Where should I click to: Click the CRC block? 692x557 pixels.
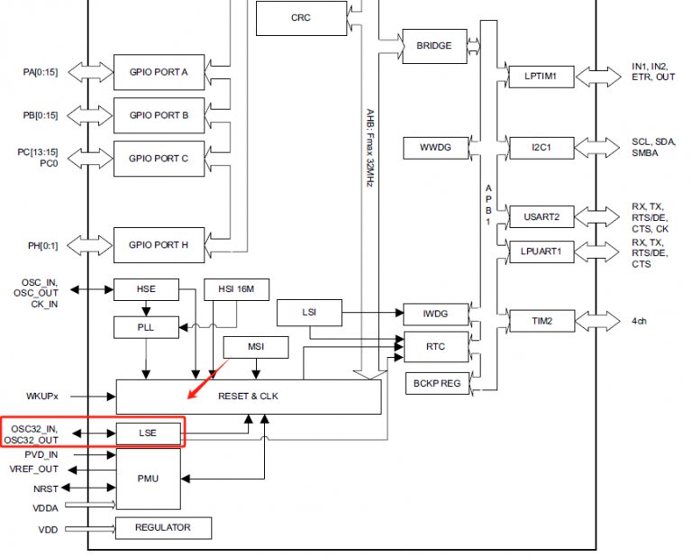pos(301,18)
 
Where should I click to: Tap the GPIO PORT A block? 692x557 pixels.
pos(159,72)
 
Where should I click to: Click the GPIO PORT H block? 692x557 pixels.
pos(159,244)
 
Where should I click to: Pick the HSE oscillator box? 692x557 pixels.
pos(146,289)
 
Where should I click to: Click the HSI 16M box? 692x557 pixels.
pos(236,289)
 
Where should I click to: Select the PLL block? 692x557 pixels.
pos(146,328)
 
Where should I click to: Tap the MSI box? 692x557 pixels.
pos(256,347)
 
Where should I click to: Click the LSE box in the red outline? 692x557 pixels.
pos(148,434)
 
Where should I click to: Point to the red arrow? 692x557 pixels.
pos(208,379)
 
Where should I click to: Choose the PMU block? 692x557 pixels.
pos(148,478)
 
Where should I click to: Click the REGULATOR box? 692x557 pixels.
pos(163,527)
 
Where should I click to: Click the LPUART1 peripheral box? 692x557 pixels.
pos(542,251)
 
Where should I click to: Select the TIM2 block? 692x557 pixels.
pos(542,320)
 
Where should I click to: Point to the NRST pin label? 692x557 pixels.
pos(45,489)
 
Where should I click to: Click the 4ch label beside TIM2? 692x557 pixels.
pos(640,320)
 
